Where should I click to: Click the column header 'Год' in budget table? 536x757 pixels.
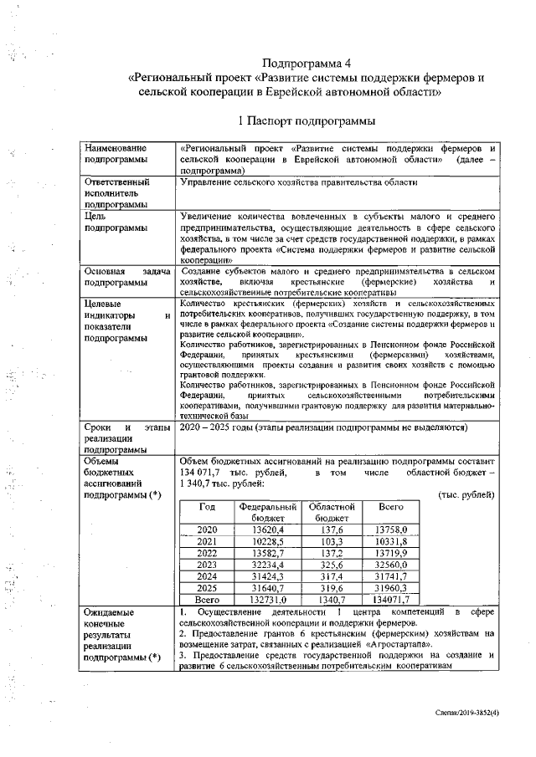pos(206,507)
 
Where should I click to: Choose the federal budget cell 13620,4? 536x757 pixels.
pos(269,530)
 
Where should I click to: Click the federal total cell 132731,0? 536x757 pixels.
pos(269,600)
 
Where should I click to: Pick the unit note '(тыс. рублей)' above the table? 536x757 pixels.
pos(466,495)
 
